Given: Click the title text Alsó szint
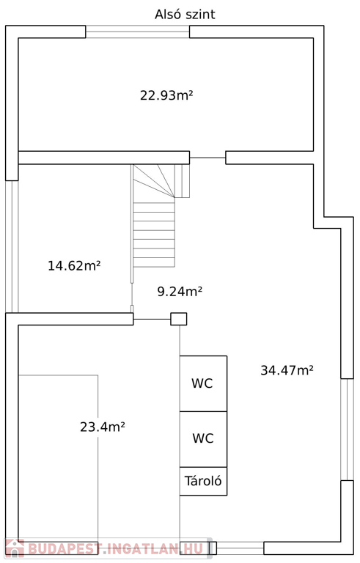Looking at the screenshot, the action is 185,15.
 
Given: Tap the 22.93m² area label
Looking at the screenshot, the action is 166,95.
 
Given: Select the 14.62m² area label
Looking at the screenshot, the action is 74,265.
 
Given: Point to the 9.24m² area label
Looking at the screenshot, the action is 180,291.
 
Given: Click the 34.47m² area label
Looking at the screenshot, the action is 287,370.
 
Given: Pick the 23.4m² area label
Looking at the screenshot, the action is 103,427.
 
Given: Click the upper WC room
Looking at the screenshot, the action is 203,383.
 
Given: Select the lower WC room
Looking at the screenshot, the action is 203,439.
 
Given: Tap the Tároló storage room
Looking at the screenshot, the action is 203,481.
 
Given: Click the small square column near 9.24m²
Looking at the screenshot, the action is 179,319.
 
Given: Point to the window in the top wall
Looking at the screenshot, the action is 138,32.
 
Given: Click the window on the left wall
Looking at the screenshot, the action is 12,246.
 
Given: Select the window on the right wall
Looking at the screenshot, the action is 347,430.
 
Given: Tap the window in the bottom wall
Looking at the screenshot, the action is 240,548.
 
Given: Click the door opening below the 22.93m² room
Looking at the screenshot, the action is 207,158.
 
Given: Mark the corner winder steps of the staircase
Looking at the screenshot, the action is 161,181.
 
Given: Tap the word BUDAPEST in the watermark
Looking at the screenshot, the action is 64,549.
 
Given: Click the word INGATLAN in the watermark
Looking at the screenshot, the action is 143,549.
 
